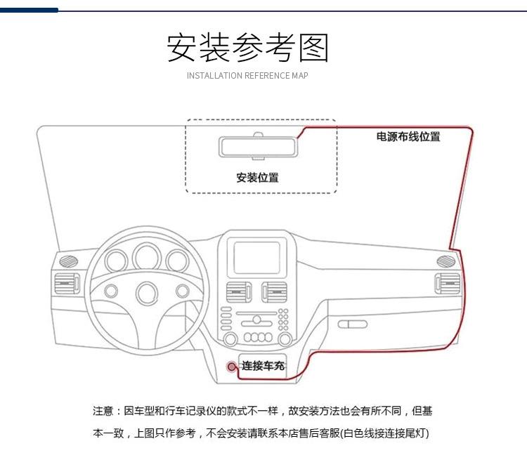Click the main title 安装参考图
(247, 47)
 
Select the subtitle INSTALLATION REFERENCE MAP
(247, 75)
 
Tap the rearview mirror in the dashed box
(258, 147)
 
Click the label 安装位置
(257, 178)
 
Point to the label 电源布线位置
(408, 137)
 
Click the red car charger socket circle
(232, 367)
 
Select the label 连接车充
(263, 366)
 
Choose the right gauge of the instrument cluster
(177, 261)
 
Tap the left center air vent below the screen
(236, 291)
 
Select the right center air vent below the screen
(275, 291)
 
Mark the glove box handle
(352, 324)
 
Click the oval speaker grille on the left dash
(68, 261)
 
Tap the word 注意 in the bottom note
(103, 411)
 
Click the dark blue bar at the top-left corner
(29, 10)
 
